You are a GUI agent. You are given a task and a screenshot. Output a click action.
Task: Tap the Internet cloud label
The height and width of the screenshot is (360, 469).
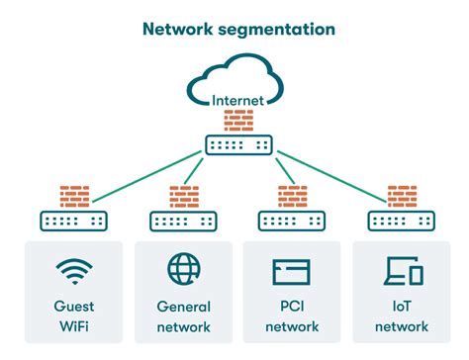[237, 99]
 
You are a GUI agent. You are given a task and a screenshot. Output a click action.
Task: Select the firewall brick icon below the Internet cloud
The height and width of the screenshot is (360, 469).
[238, 121]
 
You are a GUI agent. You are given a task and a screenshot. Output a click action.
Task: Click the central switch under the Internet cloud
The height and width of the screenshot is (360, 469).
[238, 144]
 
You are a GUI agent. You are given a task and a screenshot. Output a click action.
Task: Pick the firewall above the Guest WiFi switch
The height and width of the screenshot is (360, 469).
[74, 195]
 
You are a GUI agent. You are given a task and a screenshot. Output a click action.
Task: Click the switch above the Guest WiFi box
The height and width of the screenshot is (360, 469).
[74, 220]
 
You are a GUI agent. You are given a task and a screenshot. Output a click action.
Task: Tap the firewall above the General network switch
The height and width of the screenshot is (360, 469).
[183, 195]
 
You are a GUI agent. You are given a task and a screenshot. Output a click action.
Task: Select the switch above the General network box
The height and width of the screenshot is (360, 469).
[183, 220]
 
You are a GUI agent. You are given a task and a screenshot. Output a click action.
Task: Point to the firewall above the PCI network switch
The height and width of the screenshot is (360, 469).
[293, 195]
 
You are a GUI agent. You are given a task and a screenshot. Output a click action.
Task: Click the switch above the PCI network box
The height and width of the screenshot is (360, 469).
[293, 220]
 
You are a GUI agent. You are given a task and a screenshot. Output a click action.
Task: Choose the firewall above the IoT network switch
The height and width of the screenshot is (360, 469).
[402, 195]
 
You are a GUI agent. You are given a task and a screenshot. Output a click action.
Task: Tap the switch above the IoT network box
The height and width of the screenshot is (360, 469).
[402, 220]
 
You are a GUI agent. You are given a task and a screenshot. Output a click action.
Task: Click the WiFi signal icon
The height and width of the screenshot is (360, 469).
[74, 270]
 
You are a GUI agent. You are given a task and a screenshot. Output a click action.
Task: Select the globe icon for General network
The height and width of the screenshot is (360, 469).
[183, 270]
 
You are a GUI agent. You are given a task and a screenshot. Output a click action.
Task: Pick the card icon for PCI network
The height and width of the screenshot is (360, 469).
[292, 271]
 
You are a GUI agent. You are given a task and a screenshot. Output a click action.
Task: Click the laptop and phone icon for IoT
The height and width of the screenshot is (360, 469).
[403, 271]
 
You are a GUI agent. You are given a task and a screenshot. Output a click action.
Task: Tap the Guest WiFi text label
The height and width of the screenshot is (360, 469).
[74, 316]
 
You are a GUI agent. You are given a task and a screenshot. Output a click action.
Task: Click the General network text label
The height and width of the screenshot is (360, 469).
[183, 316]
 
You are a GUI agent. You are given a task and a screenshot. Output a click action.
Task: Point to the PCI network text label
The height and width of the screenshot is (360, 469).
[293, 316]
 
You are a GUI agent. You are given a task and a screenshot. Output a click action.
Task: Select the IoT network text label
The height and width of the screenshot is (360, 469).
[402, 316]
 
